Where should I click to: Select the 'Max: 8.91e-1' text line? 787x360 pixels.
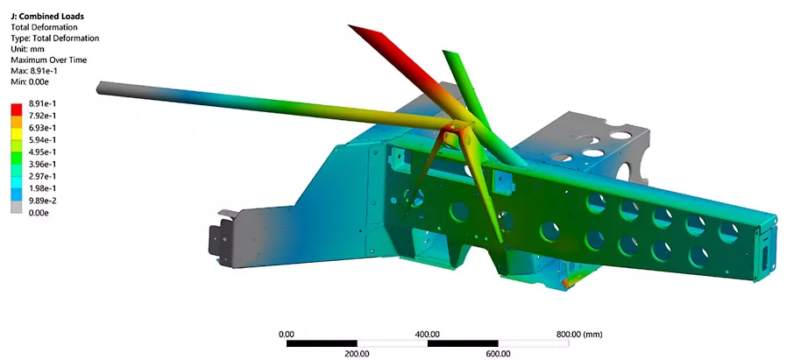(x=33, y=71)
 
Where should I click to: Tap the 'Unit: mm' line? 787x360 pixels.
(x=27, y=49)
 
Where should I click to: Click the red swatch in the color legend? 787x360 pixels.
(x=17, y=109)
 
